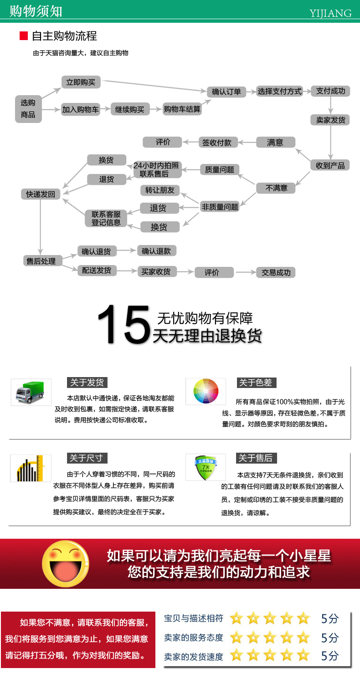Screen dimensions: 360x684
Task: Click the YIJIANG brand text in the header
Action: point(330,13)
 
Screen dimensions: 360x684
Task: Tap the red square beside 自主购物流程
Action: point(24,36)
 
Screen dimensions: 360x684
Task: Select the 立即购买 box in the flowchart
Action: point(81,82)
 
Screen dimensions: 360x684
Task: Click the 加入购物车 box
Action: point(81,110)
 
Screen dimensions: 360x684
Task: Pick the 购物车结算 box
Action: point(182,109)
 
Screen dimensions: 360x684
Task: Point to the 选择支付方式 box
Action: point(280,92)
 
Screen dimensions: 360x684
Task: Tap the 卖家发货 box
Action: point(330,120)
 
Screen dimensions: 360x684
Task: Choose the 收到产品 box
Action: point(330,165)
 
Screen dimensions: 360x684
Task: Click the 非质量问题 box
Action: point(220,207)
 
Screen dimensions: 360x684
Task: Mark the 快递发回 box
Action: point(41,194)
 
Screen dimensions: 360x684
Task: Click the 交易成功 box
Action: point(276,273)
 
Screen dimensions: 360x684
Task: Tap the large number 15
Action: point(123,324)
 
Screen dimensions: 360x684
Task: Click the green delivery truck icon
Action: point(31,392)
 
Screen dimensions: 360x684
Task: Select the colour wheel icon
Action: point(206,391)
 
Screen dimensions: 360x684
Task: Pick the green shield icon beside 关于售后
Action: point(206,467)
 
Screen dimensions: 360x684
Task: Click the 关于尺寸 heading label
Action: point(86,458)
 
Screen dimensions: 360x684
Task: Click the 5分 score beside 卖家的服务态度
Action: point(330,638)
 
